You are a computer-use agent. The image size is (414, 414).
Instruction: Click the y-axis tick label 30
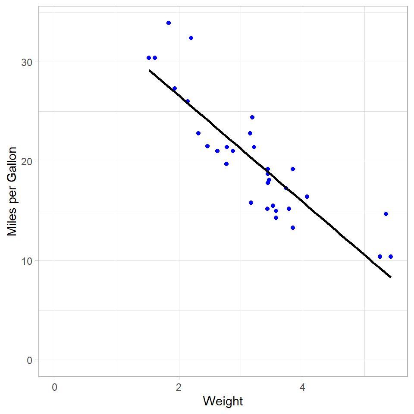pos(27,62)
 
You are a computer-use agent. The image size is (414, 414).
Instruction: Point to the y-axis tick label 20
pos(27,161)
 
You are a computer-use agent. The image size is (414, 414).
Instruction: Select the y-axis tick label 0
pos(30,360)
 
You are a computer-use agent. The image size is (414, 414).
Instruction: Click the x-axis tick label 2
pos(179,387)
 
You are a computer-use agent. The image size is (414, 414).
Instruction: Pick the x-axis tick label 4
pos(303,387)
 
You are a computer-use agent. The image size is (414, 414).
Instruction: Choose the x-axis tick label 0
pos(55,387)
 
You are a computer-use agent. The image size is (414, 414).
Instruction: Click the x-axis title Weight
pos(223,401)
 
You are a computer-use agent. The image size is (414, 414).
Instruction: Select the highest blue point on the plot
pos(169,23)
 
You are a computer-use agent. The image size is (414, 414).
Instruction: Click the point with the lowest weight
pos(149,58)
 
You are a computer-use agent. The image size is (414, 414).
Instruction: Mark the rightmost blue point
pos(391,257)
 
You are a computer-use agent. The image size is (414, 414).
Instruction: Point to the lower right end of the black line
pos(391,277)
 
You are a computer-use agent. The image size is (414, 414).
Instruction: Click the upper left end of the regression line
pos(149,70)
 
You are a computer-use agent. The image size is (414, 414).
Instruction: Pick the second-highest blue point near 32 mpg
pos(191,38)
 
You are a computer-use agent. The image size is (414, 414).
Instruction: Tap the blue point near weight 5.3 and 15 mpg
pos(386,214)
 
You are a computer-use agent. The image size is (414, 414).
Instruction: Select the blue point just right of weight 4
pos(307,197)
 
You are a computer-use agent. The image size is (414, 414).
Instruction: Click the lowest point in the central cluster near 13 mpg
pos(293,228)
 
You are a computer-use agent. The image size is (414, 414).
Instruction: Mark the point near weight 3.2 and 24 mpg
pos(252,117)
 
